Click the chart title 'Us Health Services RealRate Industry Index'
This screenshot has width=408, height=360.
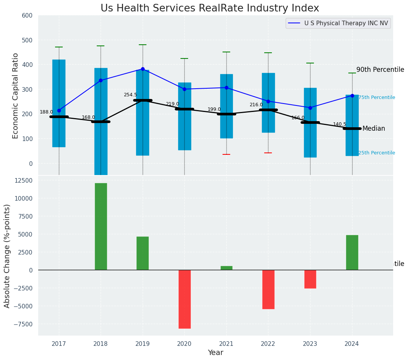pos(210,8)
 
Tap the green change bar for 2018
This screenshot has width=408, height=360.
pos(101,226)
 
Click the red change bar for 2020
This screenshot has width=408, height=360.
pos(184,299)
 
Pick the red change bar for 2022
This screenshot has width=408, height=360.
pos(268,289)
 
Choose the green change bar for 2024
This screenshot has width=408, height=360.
pos(352,252)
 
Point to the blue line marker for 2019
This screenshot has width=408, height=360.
pos(143,69)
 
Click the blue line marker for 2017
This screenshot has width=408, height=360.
pos(59,110)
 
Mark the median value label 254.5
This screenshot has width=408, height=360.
pos(130,95)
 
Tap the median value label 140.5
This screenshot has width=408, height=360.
pos(340,124)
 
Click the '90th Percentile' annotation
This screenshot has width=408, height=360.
pos(380,70)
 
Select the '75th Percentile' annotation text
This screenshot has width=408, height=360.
pos(377,97)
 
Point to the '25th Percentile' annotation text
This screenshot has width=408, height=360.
pos(377,153)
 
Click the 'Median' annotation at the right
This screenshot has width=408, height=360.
pos(374,129)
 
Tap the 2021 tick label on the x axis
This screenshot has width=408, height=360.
pos(226,344)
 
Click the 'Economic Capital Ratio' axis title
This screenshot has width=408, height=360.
pos(16,96)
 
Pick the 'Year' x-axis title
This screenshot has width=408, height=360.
pos(216,353)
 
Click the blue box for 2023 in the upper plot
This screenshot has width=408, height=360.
pos(310,122)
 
